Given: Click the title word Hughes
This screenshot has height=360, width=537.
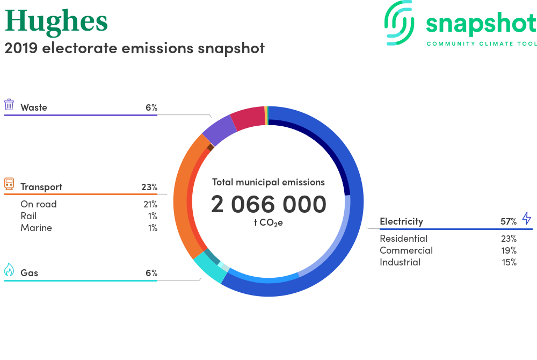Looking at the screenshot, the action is (56, 22).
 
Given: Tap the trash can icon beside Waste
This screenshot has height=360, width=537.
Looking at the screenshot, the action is (9, 104).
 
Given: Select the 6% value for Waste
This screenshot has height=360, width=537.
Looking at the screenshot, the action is (151, 107).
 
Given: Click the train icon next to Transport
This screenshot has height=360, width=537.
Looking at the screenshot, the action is (9, 184).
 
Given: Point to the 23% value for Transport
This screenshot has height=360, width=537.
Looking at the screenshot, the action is (149, 187).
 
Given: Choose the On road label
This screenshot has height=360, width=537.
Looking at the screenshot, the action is (38, 204).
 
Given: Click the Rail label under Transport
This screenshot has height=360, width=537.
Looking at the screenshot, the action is (28, 216).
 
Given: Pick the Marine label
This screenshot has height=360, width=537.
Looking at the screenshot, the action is (36, 228).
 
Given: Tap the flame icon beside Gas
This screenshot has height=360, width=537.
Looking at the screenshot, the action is (9, 270).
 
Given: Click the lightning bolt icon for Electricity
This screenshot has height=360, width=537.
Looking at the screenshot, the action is (527, 218).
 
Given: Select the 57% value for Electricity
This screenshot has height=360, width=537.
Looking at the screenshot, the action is (509, 221).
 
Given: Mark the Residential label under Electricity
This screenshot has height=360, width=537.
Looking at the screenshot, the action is (403, 239).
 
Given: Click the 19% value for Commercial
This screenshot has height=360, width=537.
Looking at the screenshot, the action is (509, 250).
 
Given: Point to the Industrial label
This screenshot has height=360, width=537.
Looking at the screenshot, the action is (400, 262).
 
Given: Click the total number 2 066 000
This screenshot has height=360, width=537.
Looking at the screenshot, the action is (268, 204).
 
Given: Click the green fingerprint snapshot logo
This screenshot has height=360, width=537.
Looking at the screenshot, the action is (399, 23).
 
